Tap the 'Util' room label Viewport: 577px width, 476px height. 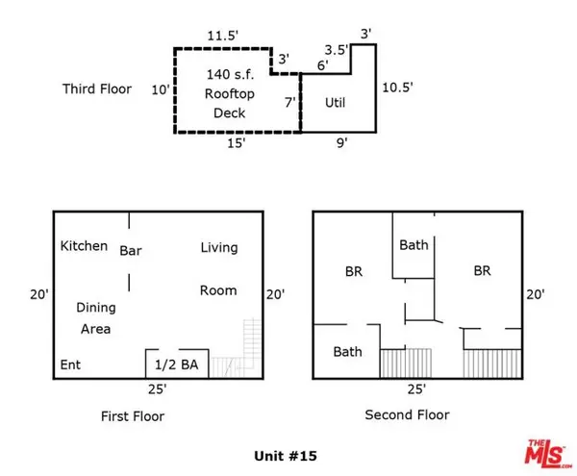pos(335,102)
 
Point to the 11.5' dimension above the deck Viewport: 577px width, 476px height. pos(223,37)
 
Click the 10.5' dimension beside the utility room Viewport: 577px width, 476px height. pos(397,87)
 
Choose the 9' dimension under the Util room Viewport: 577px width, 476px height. pos(341,143)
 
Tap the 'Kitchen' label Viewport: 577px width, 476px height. pos(84,246)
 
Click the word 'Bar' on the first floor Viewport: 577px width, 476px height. pos(131,251)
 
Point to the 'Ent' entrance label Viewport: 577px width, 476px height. pos(71,365)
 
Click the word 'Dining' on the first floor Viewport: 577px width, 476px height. pos(96,308)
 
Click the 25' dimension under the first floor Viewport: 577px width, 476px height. pos(158,390)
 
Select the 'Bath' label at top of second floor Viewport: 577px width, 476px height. pos(414,245)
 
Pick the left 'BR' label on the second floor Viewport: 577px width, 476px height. pos(353,272)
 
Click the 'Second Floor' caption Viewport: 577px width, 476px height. pos(407,415)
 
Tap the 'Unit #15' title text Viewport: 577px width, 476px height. pos(286,455)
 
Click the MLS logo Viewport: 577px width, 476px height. pos(545,451)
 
